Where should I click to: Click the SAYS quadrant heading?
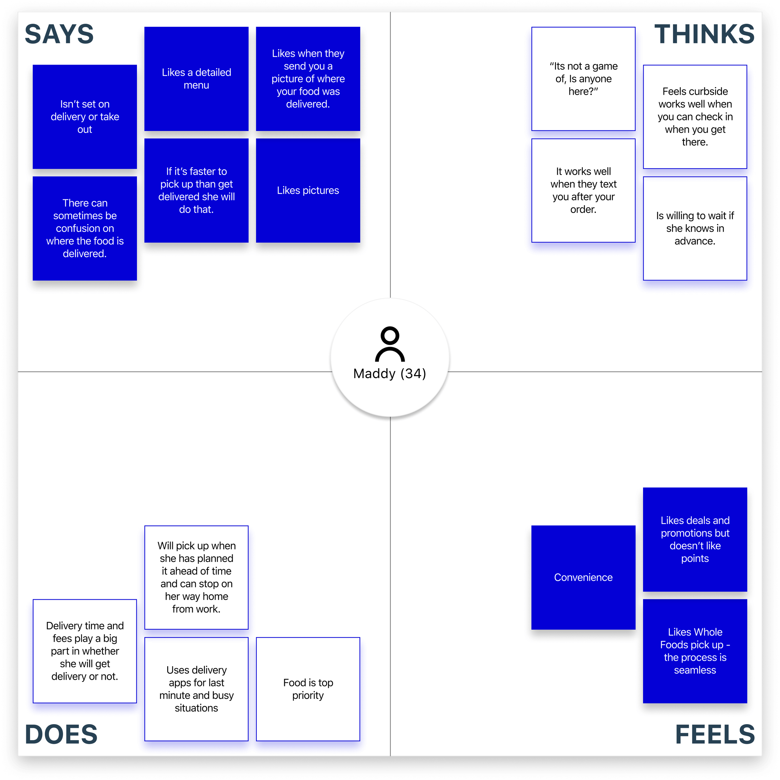point(59,34)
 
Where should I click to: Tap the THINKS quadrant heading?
point(704,34)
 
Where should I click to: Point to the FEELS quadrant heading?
point(714,734)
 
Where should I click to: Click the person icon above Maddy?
point(390,344)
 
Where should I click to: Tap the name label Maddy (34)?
point(390,373)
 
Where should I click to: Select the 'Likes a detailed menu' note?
point(196,79)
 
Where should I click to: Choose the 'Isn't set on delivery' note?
point(85,117)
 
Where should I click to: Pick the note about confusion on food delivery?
point(85,228)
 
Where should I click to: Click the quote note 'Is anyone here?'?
point(583,79)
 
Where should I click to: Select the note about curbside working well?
point(695,117)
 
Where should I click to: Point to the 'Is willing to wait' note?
point(695,228)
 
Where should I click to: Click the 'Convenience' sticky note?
point(583,577)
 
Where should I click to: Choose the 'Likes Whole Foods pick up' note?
point(695,651)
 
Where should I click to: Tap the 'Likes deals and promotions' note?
point(695,539)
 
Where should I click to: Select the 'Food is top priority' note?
point(308,689)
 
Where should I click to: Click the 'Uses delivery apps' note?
point(196,689)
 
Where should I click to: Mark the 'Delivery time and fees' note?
point(85,651)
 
